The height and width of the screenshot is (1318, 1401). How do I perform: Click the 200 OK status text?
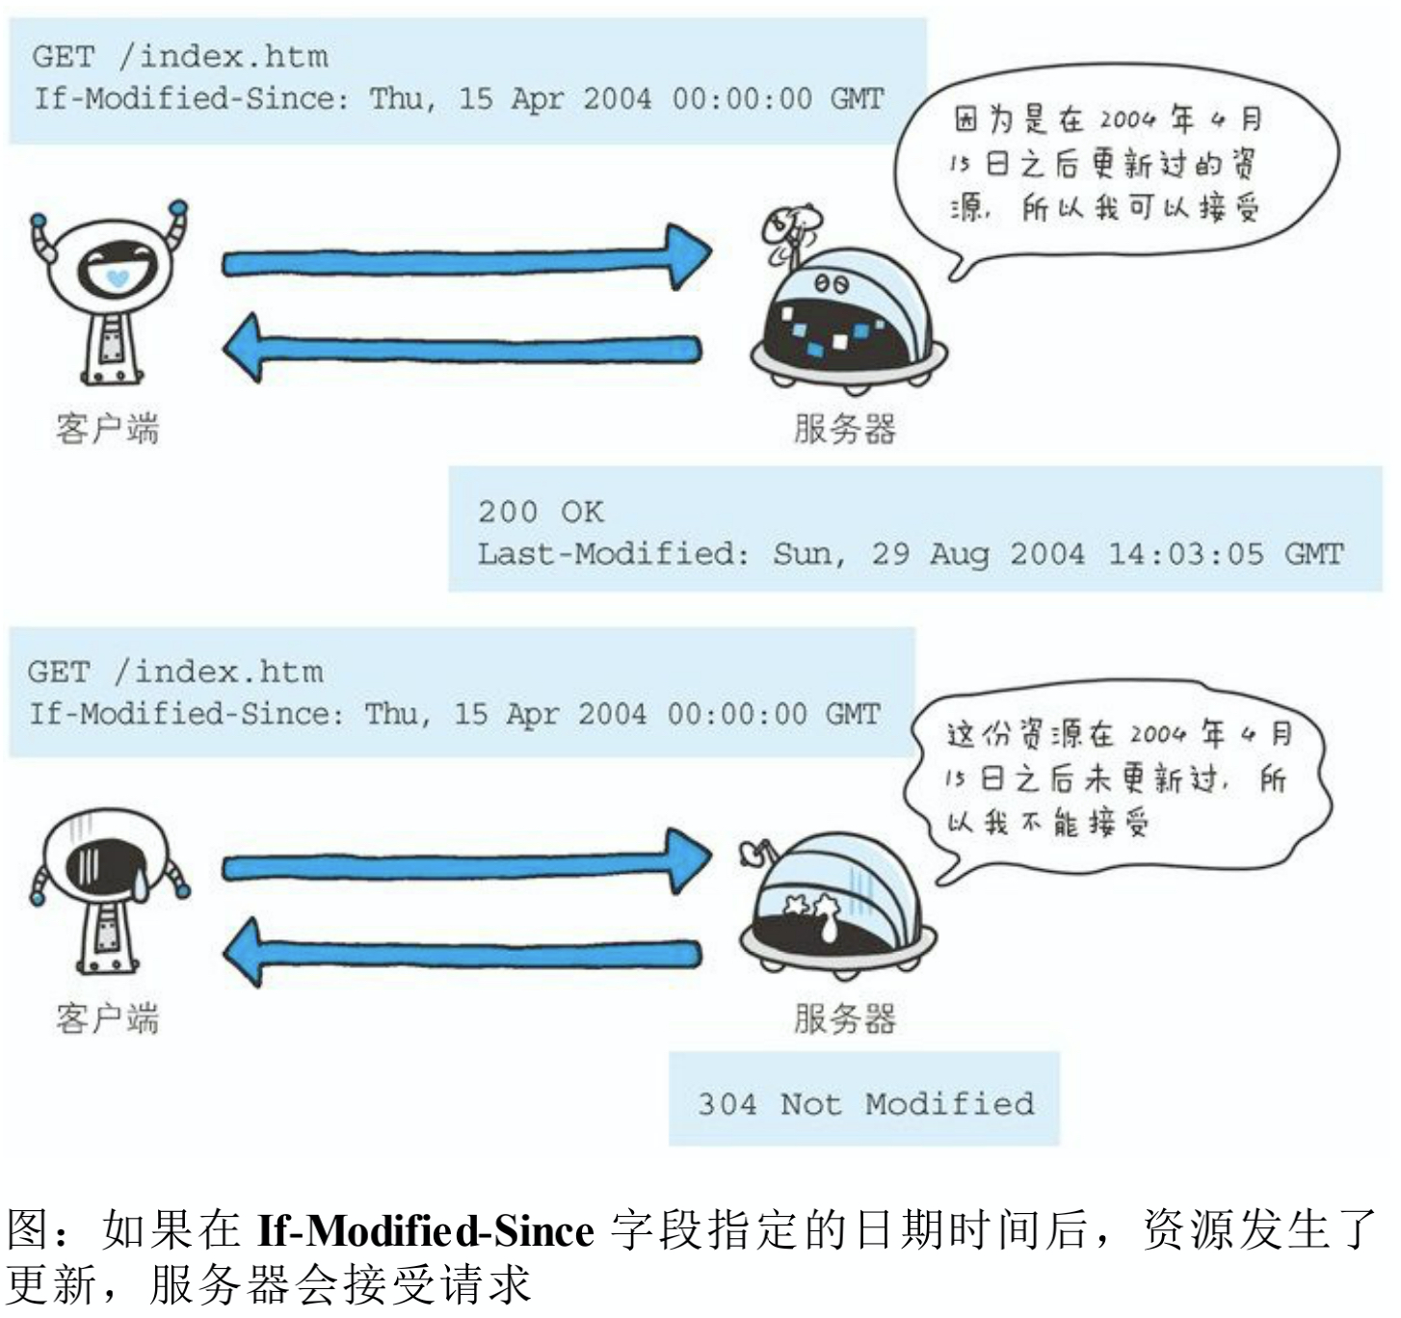(542, 513)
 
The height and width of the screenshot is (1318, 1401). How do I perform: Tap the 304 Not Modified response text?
(866, 1103)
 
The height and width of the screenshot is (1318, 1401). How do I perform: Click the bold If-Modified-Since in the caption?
(425, 1229)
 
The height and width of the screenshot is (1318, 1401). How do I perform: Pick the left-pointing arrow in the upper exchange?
(463, 349)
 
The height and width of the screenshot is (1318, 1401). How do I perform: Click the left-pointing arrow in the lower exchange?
(463, 953)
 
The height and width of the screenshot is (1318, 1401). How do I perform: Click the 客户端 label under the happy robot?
(108, 429)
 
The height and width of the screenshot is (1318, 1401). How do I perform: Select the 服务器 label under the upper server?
(845, 429)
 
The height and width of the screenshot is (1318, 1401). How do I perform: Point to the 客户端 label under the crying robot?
(108, 1018)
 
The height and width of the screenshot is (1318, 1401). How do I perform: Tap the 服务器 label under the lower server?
(845, 1018)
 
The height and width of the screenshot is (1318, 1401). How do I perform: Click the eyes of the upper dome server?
(832, 284)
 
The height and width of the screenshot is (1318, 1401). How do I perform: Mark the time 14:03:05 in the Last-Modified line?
(1186, 554)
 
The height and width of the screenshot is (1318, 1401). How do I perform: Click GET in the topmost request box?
(64, 57)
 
